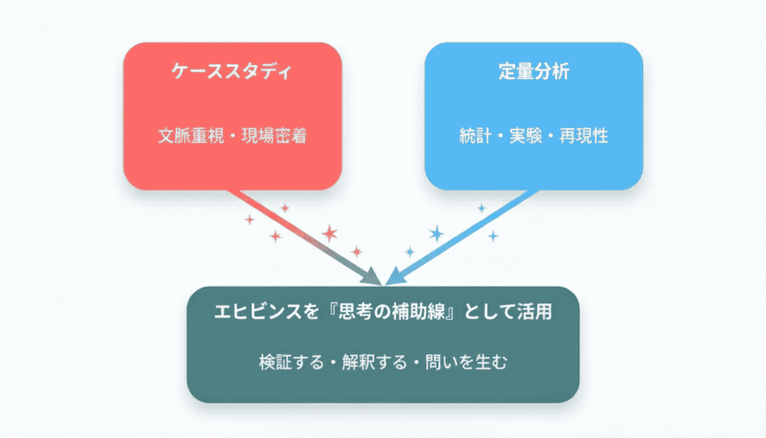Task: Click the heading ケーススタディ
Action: pos(232,73)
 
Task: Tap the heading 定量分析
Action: pos(533,73)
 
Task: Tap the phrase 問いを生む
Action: pos(468,363)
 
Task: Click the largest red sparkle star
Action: pos(329,234)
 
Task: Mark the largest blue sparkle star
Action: pos(437,234)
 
